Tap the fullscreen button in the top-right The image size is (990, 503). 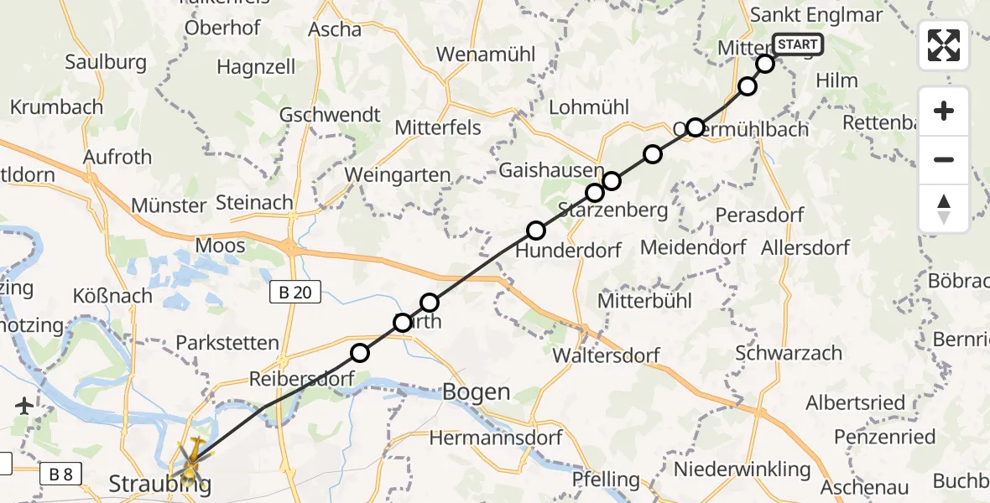[944, 45]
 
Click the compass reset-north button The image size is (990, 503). [944, 209]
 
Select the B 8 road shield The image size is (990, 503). [60, 474]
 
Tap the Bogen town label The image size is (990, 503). [475, 392]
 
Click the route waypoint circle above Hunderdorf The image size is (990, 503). [536, 230]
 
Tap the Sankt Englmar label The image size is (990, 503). [805, 15]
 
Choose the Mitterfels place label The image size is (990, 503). [438, 127]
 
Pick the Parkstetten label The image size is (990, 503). [227, 343]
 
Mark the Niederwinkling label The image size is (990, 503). [742, 469]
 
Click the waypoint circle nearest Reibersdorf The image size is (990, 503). [360, 353]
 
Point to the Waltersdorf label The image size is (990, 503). [606, 355]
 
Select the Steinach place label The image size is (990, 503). [254, 202]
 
